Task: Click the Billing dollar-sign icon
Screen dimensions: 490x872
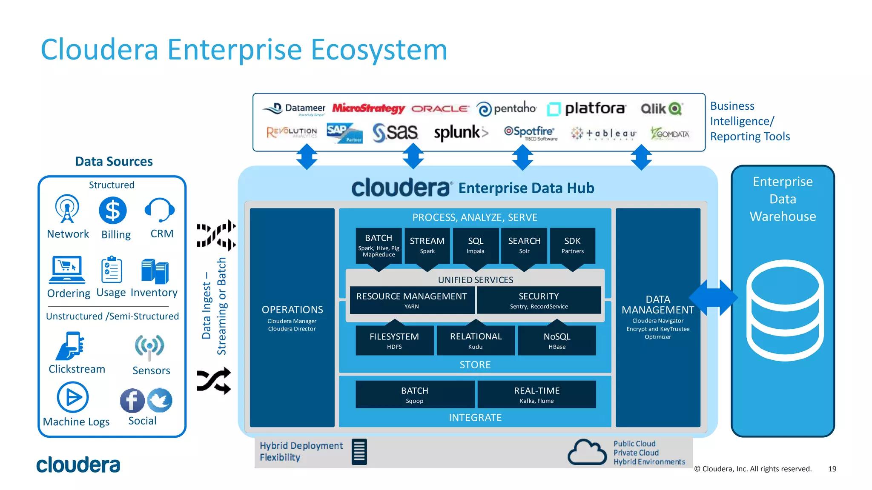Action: pos(112,211)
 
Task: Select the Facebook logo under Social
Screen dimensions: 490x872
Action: pos(132,401)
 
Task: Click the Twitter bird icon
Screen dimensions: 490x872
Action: pos(160,400)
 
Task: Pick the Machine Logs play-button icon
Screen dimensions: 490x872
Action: pos(73,397)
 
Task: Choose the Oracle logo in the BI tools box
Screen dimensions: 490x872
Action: pos(440,109)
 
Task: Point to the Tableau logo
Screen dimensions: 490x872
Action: pos(604,134)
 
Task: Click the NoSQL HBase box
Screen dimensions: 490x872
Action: pos(556,341)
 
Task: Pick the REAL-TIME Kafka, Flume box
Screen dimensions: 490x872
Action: pos(536,395)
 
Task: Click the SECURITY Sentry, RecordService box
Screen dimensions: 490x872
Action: pos(539,300)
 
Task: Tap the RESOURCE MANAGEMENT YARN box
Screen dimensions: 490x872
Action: pos(411,300)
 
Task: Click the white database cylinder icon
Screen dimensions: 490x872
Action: pos(785,311)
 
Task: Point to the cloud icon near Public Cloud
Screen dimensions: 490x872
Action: pos(587,452)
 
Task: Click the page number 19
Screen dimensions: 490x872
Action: pos(832,469)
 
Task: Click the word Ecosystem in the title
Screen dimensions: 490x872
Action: pos(379,50)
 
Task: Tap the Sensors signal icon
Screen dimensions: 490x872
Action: pos(149,346)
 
